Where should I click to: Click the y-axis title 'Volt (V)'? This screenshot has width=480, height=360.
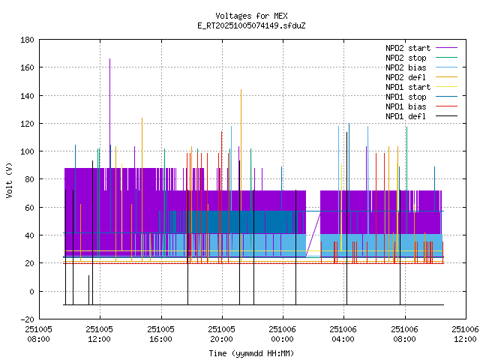click(10, 180)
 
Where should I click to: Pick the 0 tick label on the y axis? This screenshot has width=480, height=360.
click(31, 292)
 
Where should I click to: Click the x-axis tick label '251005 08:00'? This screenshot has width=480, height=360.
click(38, 333)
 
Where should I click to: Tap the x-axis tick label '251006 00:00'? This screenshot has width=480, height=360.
click(282, 333)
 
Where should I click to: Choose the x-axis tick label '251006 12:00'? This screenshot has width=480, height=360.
click(465, 333)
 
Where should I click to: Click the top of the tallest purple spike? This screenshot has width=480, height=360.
click(109, 58)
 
